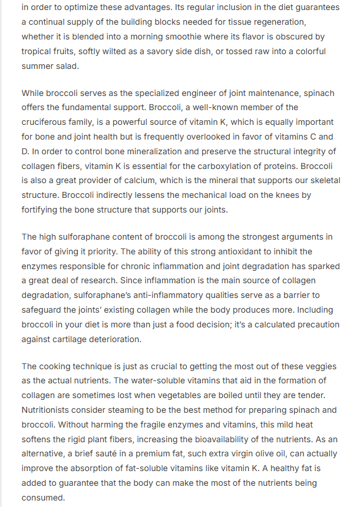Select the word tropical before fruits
point(38,51)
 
